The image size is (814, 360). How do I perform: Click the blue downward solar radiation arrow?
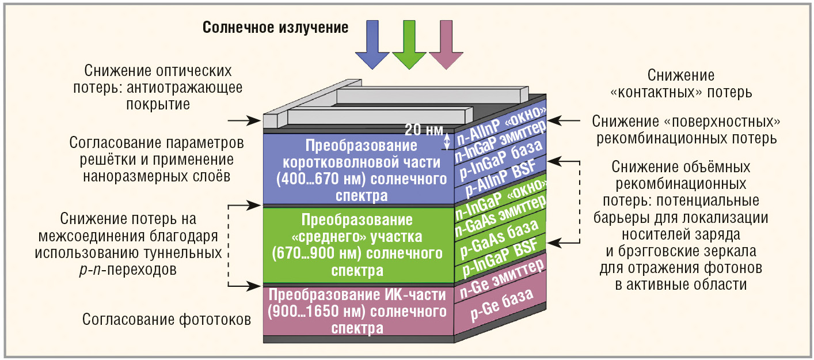[x=372, y=43]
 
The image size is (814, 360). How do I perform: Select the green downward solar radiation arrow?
[x=409, y=43]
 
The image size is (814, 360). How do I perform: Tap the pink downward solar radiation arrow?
[x=446, y=43]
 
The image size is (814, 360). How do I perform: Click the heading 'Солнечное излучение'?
[x=275, y=27]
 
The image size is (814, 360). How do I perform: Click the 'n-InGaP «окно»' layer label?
[x=500, y=200]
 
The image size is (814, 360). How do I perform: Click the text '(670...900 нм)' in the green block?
[x=307, y=253]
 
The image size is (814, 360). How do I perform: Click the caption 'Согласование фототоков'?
[x=167, y=319]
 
